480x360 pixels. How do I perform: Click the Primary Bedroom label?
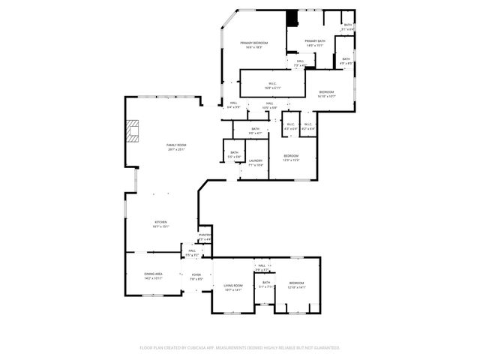pyautogui.click(x=254, y=44)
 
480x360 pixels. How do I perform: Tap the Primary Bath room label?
pyautogui.click(x=315, y=42)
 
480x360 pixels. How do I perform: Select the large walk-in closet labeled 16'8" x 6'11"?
pyautogui.click(x=272, y=85)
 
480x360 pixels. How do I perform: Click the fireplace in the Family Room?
pyautogui.click(x=133, y=133)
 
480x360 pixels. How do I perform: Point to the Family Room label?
pyautogui.click(x=177, y=146)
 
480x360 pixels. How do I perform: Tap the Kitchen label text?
pyautogui.click(x=160, y=223)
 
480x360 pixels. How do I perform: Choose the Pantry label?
pyautogui.click(x=204, y=236)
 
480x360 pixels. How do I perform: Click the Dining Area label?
pyautogui.click(x=154, y=275)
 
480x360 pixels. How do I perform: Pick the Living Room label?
pyautogui.click(x=233, y=286)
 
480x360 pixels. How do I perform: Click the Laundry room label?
pyautogui.click(x=255, y=161)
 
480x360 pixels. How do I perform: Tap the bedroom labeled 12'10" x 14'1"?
pyautogui.click(x=297, y=284)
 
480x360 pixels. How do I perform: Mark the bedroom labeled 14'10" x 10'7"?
pyautogui.click(x=326, y=93)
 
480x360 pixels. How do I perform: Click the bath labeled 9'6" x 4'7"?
pyautogui.click(x=255, y=130)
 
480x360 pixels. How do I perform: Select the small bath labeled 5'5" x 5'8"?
pyautogui.click(x=235, y=154)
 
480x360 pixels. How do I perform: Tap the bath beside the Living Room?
pyautogui.click(x=265, y=283)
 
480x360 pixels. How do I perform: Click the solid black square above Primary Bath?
pyautogui.click(x=292, y=18)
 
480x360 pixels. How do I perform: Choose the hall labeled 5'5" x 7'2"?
pyautogui.click(x=192, y=252)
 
